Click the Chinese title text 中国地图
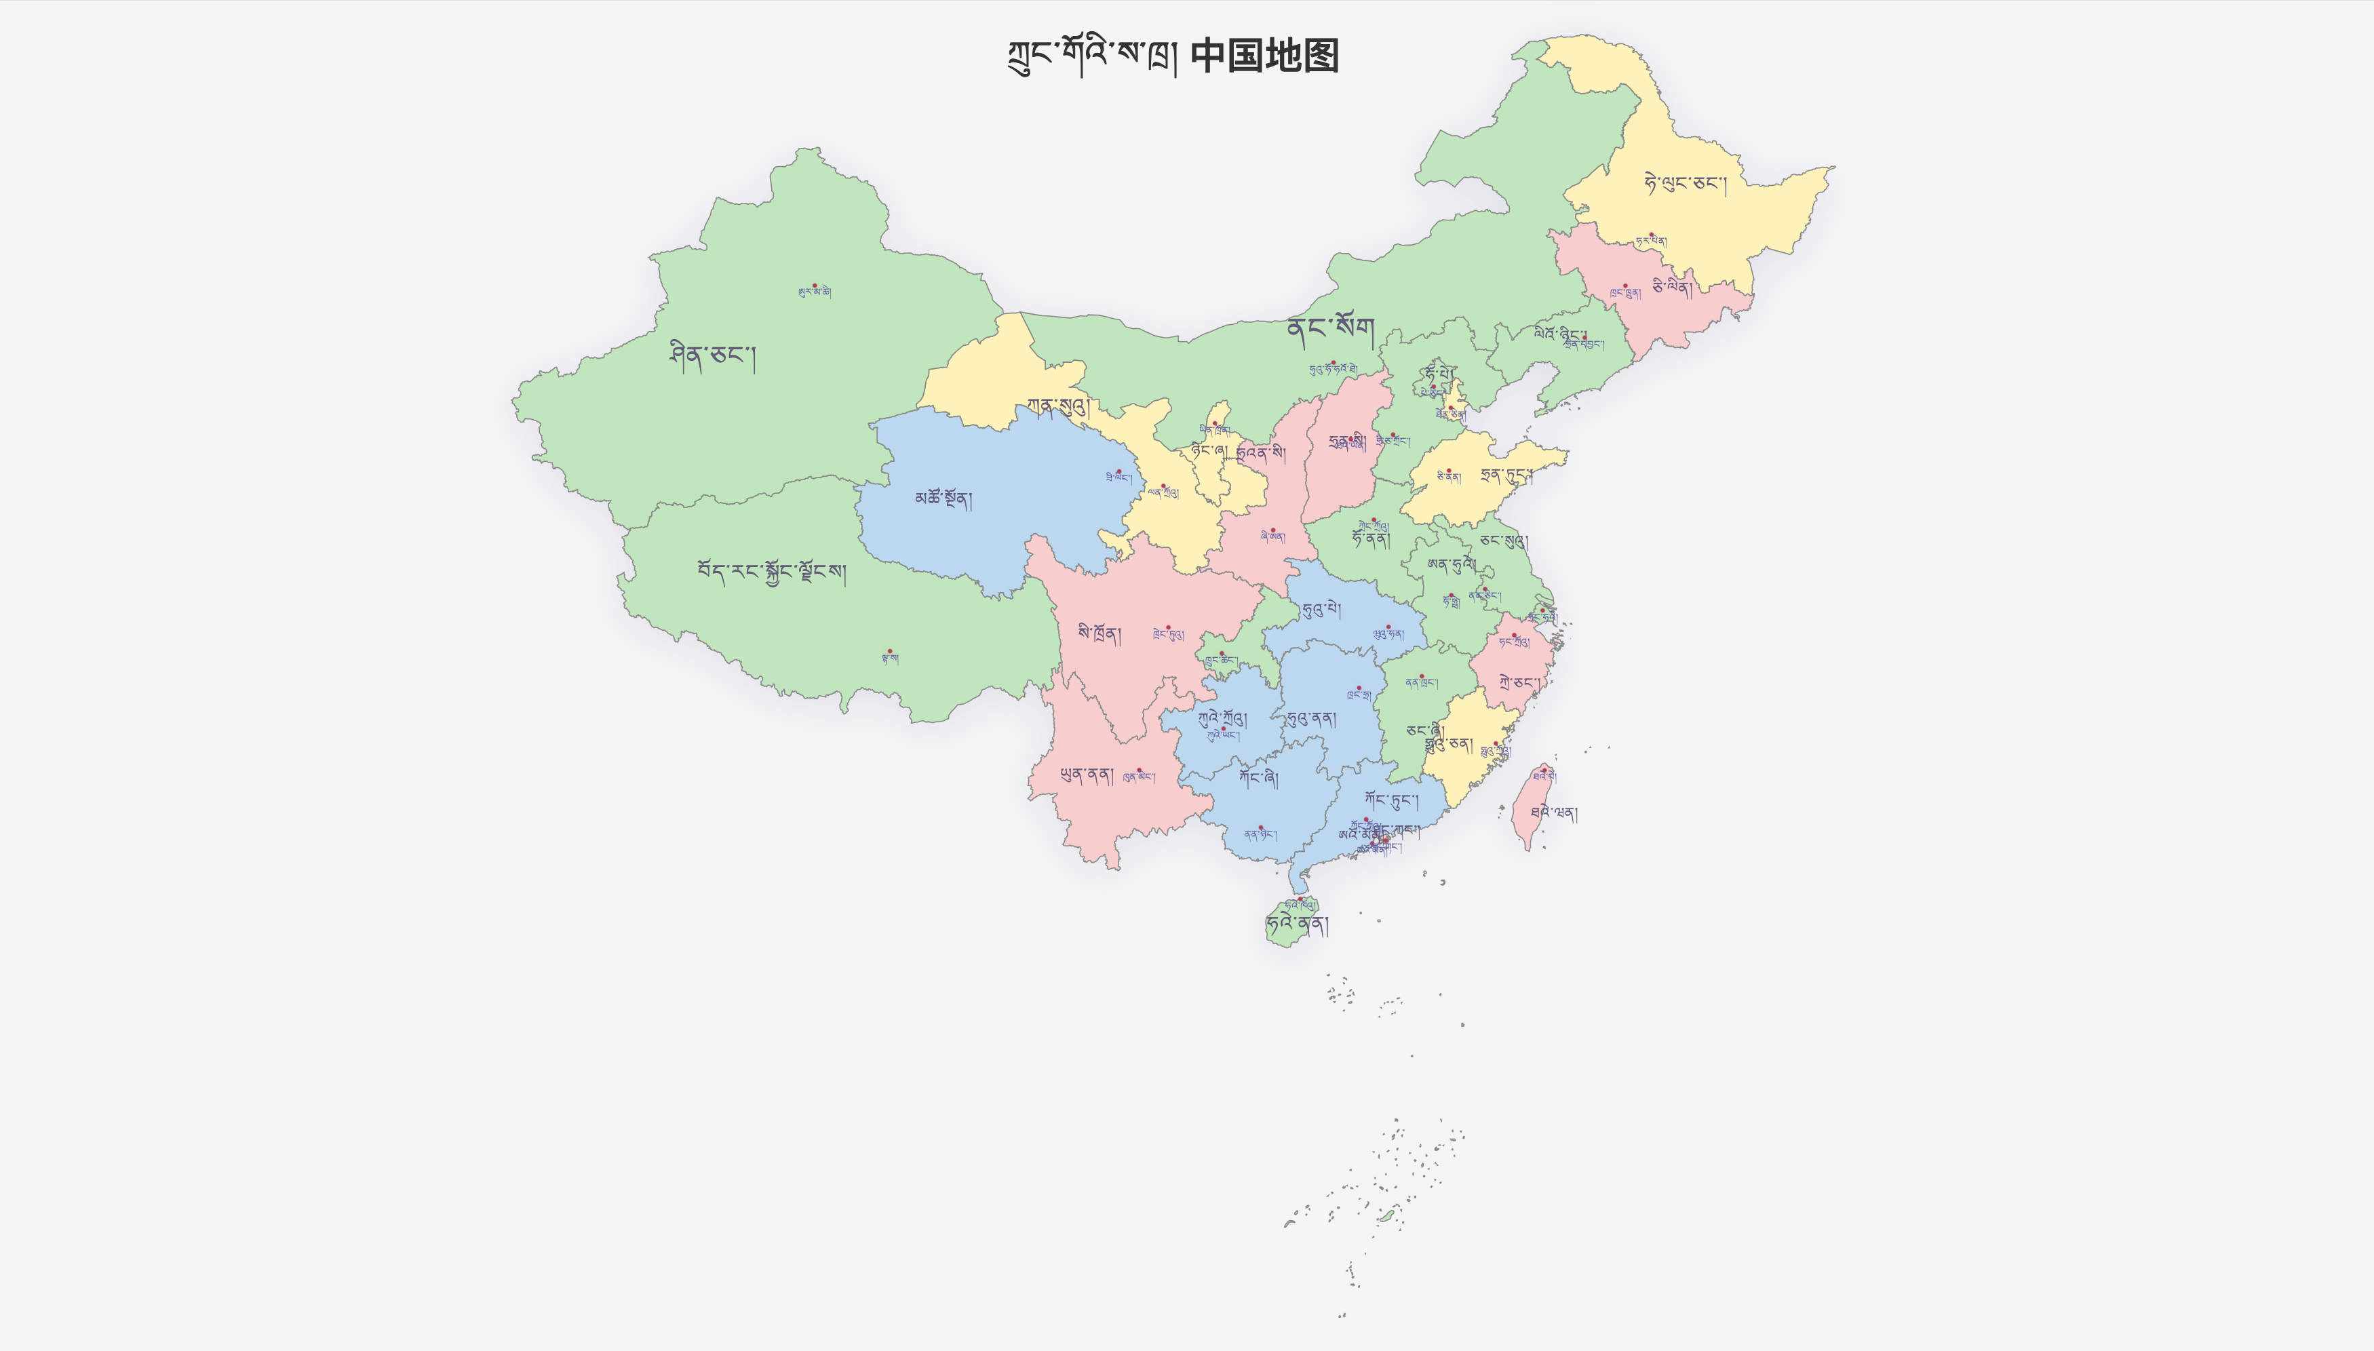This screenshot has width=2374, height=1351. coord(1264,56)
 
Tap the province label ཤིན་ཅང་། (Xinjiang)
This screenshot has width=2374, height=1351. coord(712,356)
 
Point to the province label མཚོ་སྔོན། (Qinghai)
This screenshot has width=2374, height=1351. coord(943,499)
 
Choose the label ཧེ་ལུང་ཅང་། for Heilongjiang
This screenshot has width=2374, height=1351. coord(1685,184)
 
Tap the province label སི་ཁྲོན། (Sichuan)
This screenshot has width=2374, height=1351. coord(1100,633)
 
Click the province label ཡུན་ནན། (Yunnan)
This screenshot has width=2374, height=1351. coord(1087,775)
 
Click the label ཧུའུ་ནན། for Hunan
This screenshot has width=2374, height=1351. coord(1311,719)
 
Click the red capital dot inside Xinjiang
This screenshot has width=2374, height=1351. coord(815,286)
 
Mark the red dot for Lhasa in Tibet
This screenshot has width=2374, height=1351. coord(890,651)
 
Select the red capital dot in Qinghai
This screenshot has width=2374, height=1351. coord(1118,471)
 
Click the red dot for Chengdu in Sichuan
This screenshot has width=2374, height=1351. coord(1168,627)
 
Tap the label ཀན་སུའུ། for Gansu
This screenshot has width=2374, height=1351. coord(1057,406)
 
